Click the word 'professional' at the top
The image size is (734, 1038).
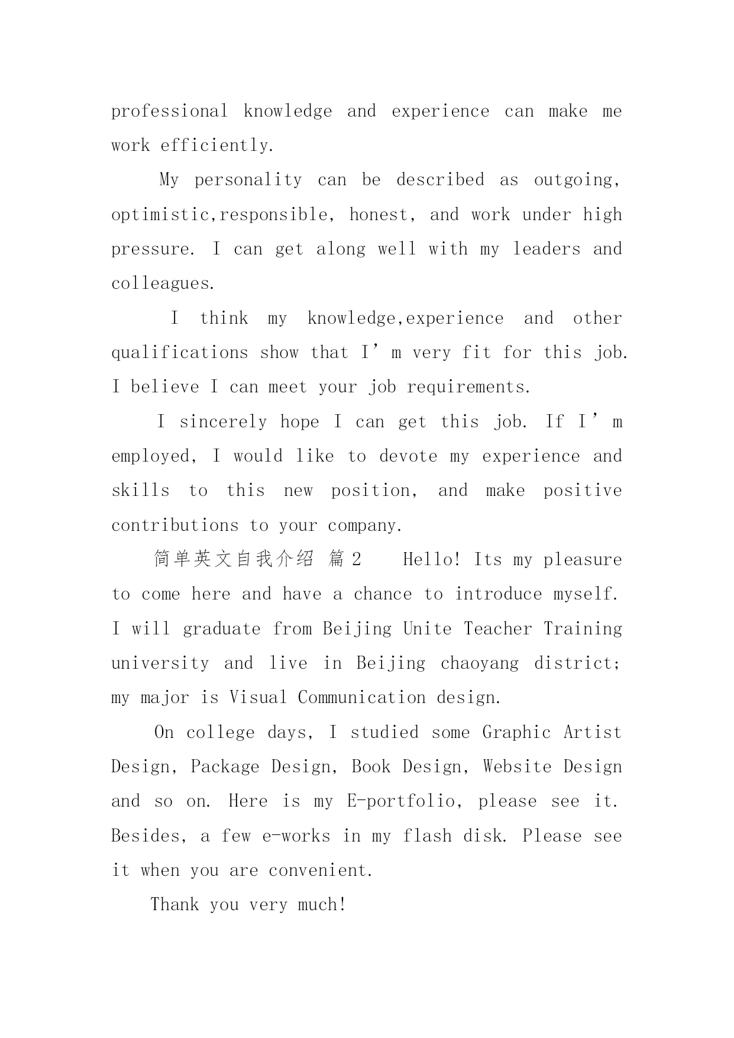[x=169, y=111]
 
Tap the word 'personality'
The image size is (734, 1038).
[x=248, y=180]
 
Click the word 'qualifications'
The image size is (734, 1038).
[x=180, y=353]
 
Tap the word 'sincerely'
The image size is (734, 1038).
[x=224, y=422]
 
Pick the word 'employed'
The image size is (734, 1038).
[x=150, y=456]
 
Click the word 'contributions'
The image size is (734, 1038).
[x=174, y=526]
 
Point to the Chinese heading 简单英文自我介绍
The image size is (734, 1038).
[x=234, y=559]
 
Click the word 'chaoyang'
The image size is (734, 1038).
[x=479, y=663]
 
